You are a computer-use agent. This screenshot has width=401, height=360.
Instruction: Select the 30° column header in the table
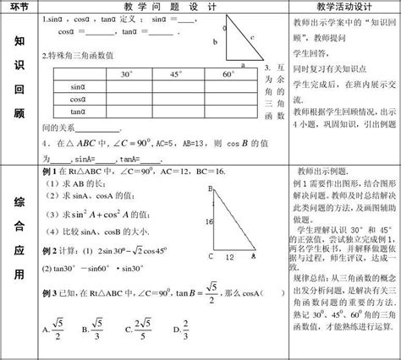pos(128,74)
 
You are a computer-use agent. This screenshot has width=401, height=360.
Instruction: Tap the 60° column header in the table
pos(228,74)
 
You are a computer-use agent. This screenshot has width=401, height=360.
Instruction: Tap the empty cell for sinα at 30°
pos(128,87)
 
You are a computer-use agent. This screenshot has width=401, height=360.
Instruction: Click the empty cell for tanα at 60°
pos(228,111)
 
